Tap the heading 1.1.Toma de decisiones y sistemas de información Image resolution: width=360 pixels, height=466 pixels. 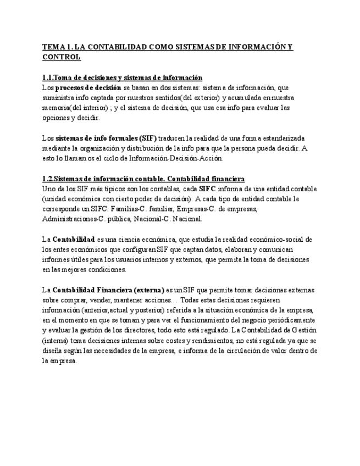tap(122, 77)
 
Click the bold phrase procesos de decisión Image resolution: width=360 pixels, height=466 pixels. tap(88, 87)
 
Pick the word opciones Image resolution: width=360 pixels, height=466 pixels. tap(57, 118)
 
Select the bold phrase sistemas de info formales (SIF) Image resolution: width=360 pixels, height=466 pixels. tap(106, 138)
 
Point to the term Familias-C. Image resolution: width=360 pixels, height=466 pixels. tap(130, 209)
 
